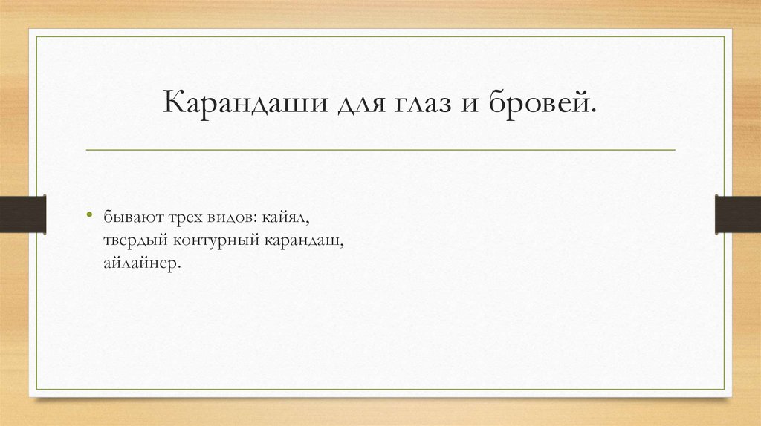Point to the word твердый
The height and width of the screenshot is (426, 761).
[x=135, y=242]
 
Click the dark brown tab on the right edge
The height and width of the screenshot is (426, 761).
[x=738, y=213]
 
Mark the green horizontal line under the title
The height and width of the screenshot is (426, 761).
[x=380, y=150]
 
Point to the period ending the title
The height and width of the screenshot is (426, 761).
[x=594, y=111]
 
